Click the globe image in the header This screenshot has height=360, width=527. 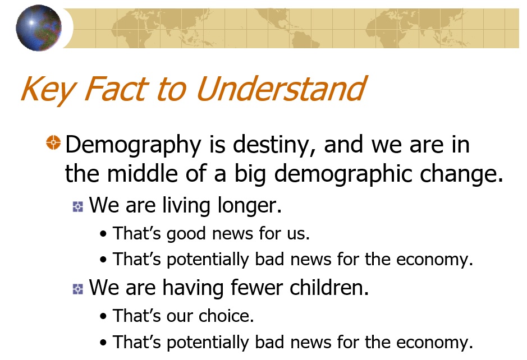pos(39,28)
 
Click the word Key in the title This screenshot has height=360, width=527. pos(47,89)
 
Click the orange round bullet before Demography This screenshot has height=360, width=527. pos(53,142)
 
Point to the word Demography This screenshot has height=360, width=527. pos(133,145)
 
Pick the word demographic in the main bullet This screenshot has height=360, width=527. pos(343,174)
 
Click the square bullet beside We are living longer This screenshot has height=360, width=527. pos(77,206)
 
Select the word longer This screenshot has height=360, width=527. pos(249,206)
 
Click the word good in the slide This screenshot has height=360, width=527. pos(186,234)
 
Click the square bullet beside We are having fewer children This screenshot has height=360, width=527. pos(77,289)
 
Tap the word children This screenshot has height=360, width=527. pos(329,288)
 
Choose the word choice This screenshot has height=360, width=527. pos(226,316)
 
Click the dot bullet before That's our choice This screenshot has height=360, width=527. pos(103,316)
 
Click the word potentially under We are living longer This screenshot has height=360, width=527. pos(208,260)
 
